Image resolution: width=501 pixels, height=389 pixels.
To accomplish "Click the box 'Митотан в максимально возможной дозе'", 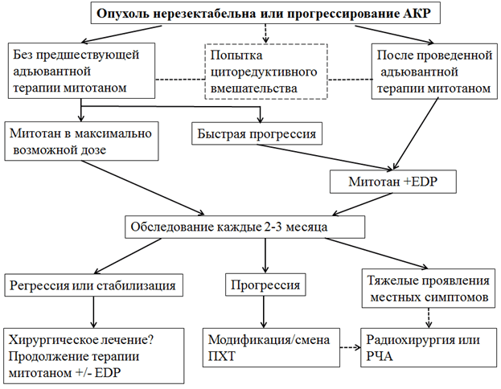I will click(x=78, y=140).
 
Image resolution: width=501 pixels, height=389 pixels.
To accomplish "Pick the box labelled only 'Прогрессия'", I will click(x=266, y=285).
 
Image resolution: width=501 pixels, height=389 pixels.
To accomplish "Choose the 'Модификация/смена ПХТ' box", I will click(x=268, y=345).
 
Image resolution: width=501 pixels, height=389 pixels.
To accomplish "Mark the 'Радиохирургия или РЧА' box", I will click(x=425, y=345).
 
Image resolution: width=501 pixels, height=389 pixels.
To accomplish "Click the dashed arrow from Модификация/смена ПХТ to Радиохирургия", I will click(x=347, y=347).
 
